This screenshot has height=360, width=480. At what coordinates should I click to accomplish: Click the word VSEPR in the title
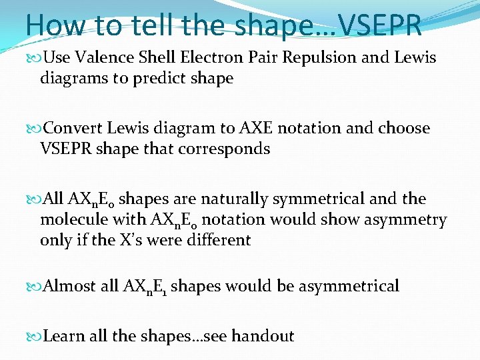tap(381, 26)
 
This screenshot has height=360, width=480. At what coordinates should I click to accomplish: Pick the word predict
tap(159, 78)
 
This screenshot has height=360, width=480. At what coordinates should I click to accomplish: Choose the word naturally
tap(215, 199)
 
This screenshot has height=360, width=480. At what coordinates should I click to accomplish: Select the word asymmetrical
tap(349, 287)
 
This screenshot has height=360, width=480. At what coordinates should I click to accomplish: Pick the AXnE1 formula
tap(143, 287)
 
